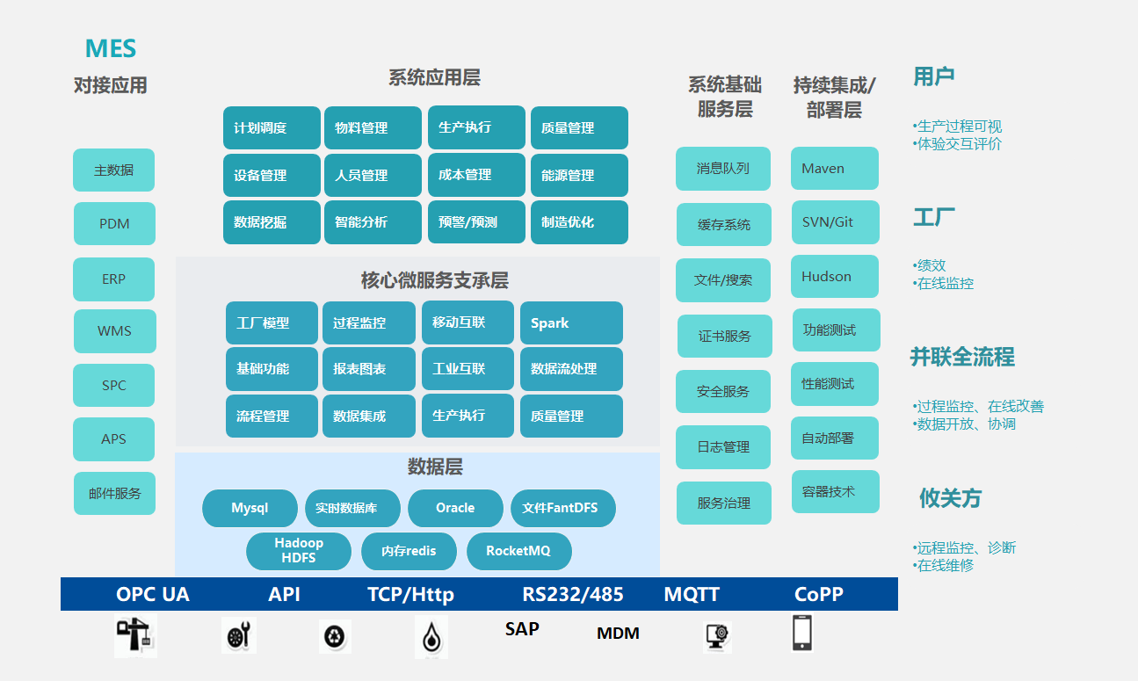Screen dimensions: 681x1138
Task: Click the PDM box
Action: pos(114,223)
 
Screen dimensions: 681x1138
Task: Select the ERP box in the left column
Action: pos(113,279)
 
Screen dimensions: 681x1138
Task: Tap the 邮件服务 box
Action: pos(114,493)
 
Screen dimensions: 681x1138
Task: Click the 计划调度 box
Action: pos(272,127)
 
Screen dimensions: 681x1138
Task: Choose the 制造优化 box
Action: pos(579,222)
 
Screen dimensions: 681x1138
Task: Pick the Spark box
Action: pos(571,323)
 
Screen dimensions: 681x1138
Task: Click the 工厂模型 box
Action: pos(272,323)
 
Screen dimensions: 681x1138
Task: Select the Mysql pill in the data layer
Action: pos(250,508)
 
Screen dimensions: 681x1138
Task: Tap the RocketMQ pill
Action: pos(518,551)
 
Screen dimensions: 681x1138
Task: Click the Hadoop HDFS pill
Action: pos(299,551)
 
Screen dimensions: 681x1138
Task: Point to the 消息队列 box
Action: pos(722,169)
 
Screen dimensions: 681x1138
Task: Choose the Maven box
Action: pos(834,168)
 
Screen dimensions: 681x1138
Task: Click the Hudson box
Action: pos(834,276)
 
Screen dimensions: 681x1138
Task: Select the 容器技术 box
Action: pos(834,492)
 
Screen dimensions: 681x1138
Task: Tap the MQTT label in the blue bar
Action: pos(692,594)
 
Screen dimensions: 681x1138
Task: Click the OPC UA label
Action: pos(152,594)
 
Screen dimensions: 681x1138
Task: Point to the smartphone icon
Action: pos(801,633)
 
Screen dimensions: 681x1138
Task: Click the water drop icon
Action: pos(431,637)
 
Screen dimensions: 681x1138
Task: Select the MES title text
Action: pos(111,48)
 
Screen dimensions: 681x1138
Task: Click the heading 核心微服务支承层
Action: pos(434,280)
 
